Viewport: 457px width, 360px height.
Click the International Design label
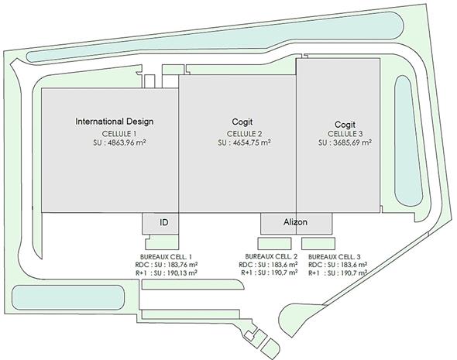coord(115,122)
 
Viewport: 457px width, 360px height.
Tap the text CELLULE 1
coord(119,134)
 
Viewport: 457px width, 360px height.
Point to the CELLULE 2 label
coord(244,134)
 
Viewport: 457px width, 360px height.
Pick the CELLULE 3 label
coord(345,134)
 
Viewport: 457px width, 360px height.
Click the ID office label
coord(164,222)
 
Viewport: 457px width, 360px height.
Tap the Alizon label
coord(295,222)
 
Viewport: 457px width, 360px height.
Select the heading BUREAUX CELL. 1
coord(166,257)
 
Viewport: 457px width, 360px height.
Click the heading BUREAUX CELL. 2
coord(271,256)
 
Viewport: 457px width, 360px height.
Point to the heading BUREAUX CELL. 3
coord(335,257)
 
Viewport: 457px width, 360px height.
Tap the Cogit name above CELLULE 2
coord(242,122)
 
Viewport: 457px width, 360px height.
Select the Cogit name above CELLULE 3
coord(345,125)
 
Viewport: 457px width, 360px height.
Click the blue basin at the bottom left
coord(68,297)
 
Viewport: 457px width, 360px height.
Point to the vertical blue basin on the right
coord(408,141)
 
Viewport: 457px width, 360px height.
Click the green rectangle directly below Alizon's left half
coord(274,244)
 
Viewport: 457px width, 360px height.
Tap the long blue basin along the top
coord(215,36)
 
